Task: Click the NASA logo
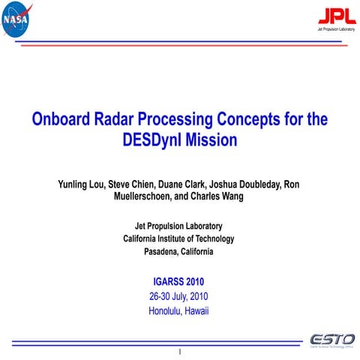[17, 20]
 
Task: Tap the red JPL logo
[331, 16]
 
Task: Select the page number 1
[180, 351]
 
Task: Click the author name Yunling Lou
[81, 184]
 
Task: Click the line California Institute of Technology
[178, 238]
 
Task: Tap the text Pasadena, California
[178, 252]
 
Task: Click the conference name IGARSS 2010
[178, 282]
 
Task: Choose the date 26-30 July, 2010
[178, 296]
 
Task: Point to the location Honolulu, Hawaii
[178, 310]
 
